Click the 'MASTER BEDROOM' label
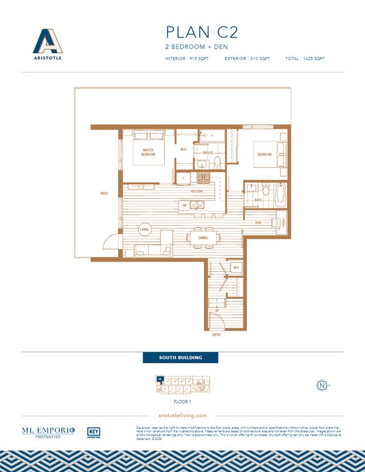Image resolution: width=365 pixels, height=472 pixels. pos(149,152)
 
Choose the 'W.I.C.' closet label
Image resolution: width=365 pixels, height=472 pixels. pos(184,150)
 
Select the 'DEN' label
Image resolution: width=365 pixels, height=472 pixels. pos(258,222)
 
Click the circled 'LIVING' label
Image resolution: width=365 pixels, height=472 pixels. pos(144,230)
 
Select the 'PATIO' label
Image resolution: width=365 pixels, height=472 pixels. pos(104,194)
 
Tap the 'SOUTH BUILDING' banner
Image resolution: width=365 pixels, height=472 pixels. pos(180,358)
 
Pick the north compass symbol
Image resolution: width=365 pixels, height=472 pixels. pos(323,385)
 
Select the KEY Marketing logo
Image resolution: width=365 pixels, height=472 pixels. pos(94,433)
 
